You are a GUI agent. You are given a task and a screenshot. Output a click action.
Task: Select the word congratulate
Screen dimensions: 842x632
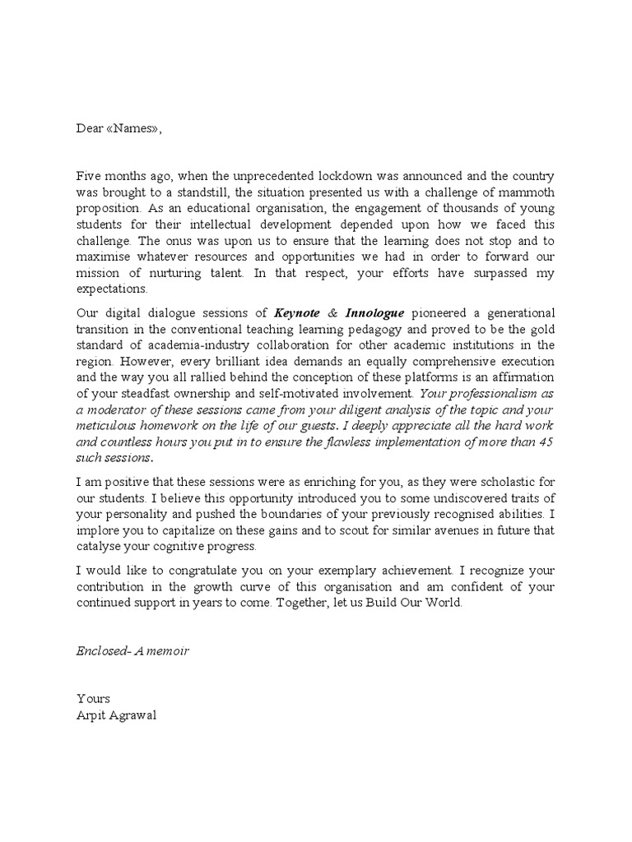(x=202, y=570)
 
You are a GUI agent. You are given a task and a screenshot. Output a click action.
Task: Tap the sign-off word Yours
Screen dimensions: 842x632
(x=93, y=699)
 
